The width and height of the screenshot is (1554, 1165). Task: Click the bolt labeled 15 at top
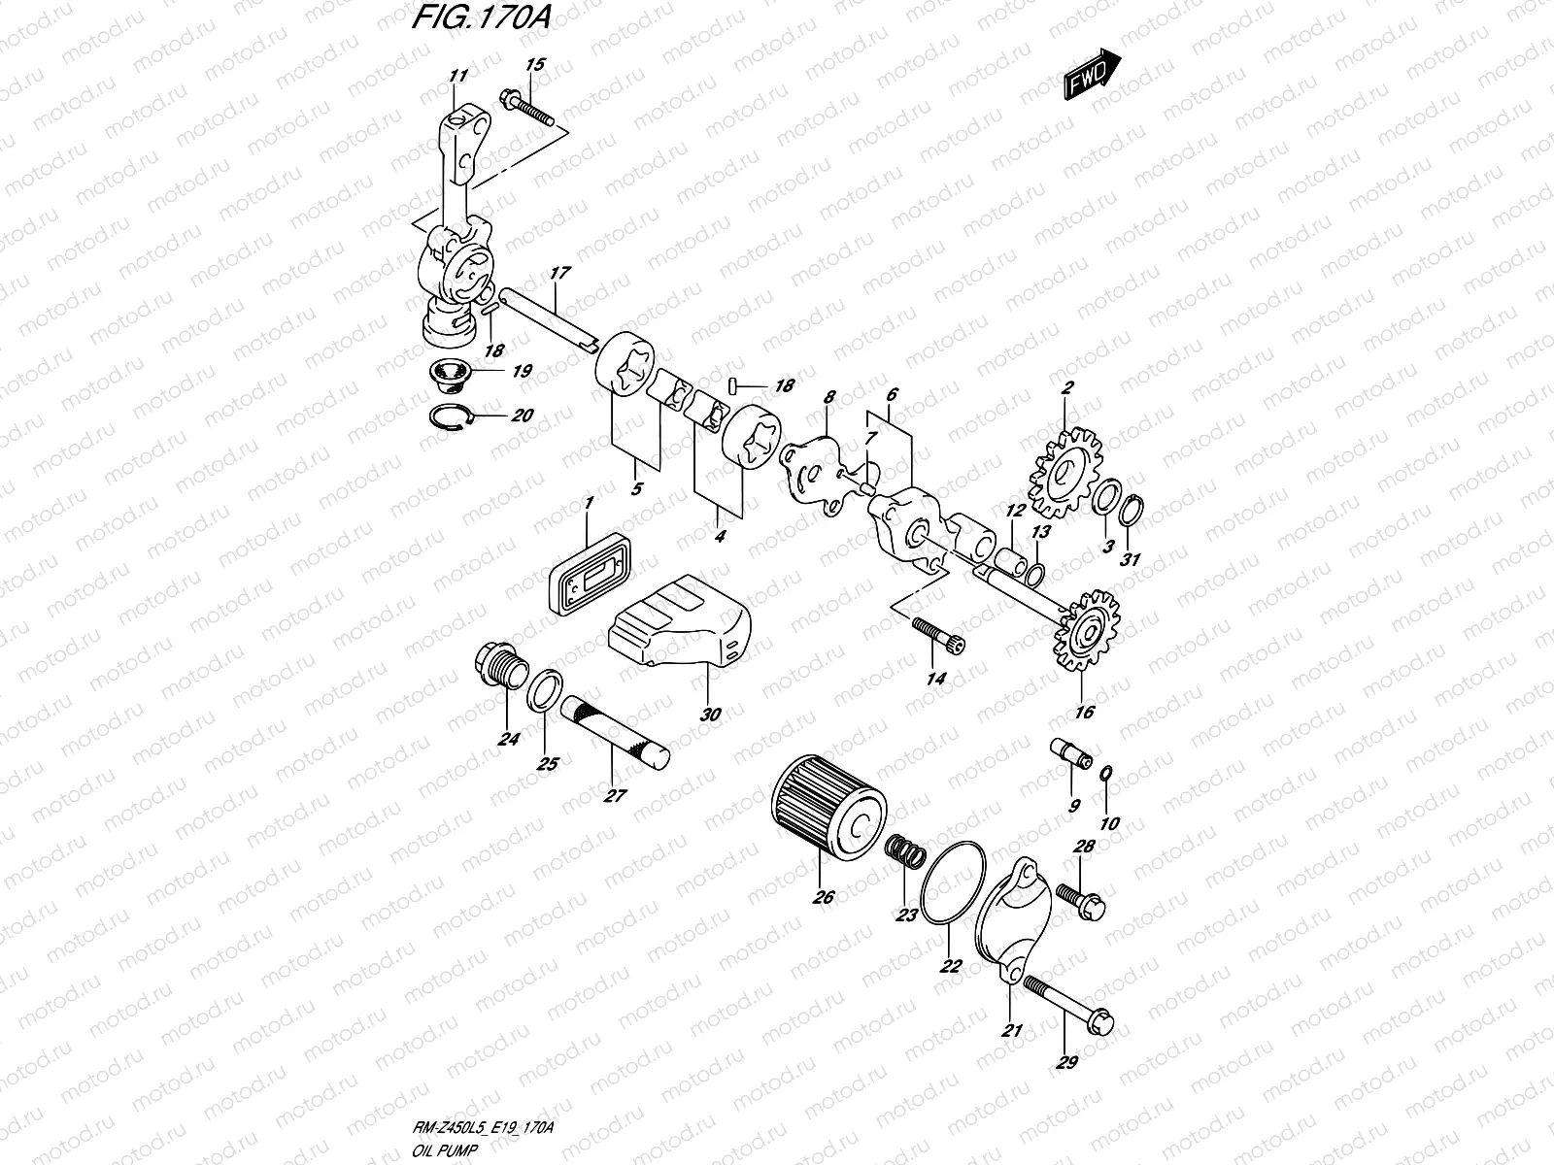(x=525, y=108)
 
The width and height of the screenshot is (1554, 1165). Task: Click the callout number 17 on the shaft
(x=558, y=274)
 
